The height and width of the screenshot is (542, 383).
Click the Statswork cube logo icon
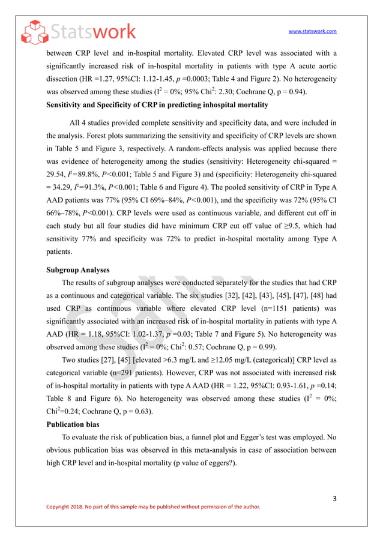pos(33,32)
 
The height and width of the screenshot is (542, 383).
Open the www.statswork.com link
pos(312,31)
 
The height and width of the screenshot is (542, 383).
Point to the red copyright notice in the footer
pos(153,507)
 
